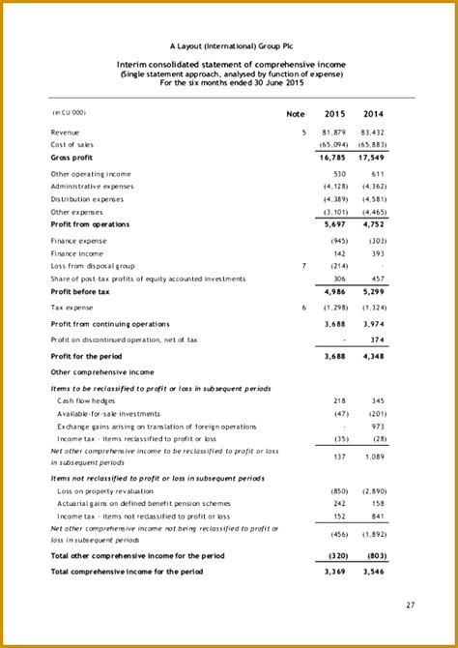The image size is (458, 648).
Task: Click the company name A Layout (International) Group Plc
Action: point(229,45)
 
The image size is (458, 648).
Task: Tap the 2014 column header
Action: point(373,114)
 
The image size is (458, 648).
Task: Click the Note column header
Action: point(296,114)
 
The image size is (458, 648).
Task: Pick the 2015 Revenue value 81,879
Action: point(333,132)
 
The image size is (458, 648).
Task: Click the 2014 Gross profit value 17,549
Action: point(373,157)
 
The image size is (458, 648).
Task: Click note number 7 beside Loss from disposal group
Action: point(302,265)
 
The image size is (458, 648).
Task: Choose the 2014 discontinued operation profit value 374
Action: point(377,339)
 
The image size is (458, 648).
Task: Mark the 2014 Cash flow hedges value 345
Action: point(377,399)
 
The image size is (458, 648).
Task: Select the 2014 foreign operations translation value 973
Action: point(377,426)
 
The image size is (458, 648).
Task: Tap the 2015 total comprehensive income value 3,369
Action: point(335,573)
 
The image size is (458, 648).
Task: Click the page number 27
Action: point(411,606)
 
